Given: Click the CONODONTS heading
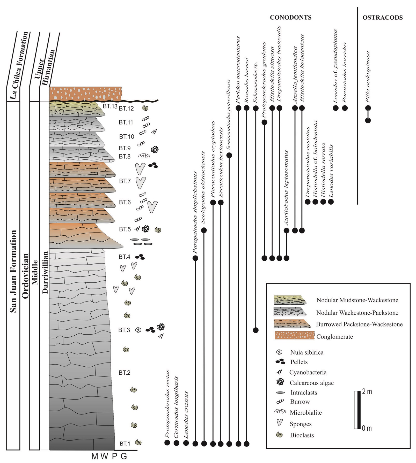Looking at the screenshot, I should (x=290, y=18).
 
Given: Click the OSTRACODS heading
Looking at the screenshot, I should (x=382, y=18).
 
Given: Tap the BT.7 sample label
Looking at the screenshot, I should (x=125, y=181).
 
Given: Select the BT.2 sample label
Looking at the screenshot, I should (x=124, y=373).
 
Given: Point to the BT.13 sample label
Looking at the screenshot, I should (x=110, y=106).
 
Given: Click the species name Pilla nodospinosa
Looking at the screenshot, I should (x=368, y=77).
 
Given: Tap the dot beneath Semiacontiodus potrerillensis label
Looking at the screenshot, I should (x=229, y=155).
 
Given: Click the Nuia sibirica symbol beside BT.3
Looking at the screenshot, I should (x=138, y=330).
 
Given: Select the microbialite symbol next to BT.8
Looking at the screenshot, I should (x=144, y=156).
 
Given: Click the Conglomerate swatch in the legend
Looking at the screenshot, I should (x=294, y=335).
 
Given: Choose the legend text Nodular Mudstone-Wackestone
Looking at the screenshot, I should (x=357, y=300).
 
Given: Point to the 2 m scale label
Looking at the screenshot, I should (x=367, y=392).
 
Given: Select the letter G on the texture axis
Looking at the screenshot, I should (x=124, y=456).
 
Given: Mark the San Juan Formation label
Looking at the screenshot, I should (x=13, y=271).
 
